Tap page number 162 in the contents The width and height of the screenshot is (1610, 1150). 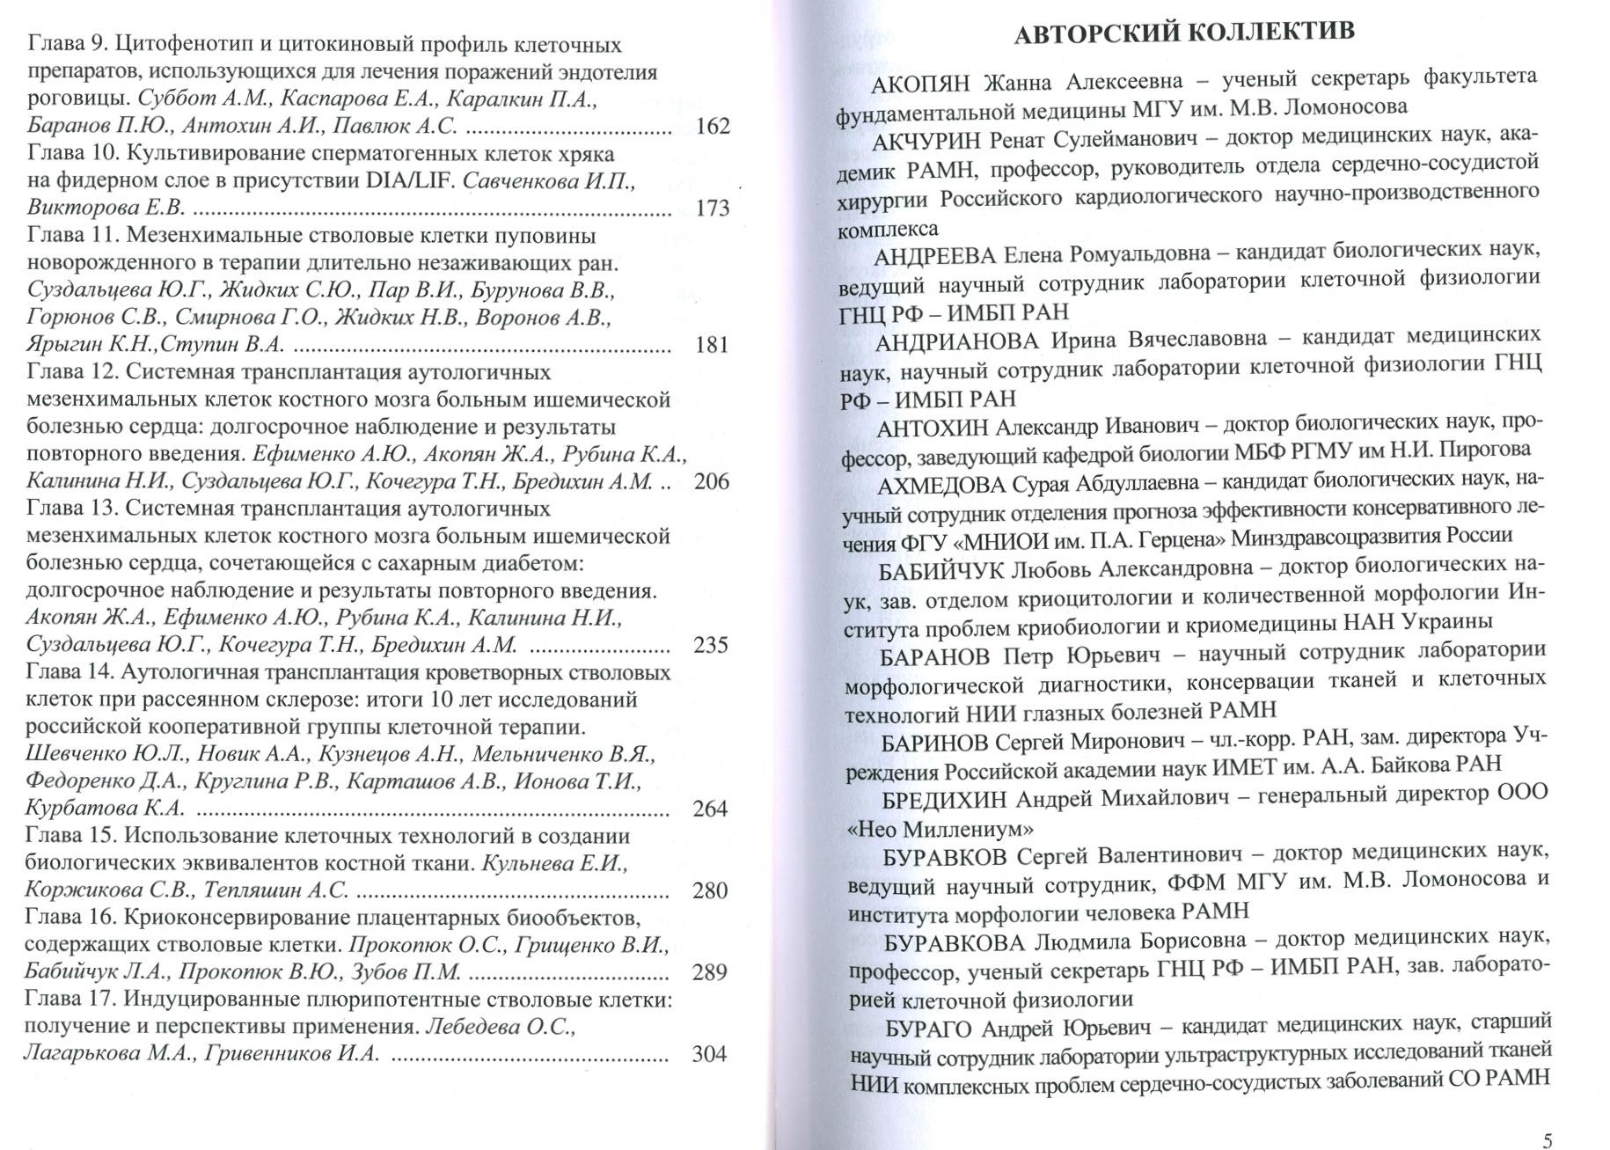pos(712,127)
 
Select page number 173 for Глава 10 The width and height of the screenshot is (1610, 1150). pos(712,209)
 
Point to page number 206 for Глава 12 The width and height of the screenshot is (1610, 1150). pos(712,482)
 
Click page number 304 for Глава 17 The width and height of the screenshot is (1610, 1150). pos(709,1054)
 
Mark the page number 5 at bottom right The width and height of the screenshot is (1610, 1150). pos(1548,1141)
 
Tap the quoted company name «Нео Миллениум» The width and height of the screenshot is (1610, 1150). pos(940,829)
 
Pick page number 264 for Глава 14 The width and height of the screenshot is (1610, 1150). pos(710,809)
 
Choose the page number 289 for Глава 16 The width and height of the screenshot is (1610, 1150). pos(710,972)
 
